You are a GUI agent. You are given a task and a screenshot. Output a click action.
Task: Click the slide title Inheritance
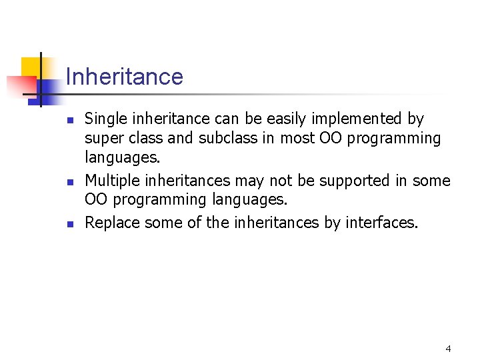pos(124,77)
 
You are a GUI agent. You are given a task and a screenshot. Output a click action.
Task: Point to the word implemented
pos(362,119)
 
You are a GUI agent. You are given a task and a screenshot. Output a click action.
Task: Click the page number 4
pos(448,349)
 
